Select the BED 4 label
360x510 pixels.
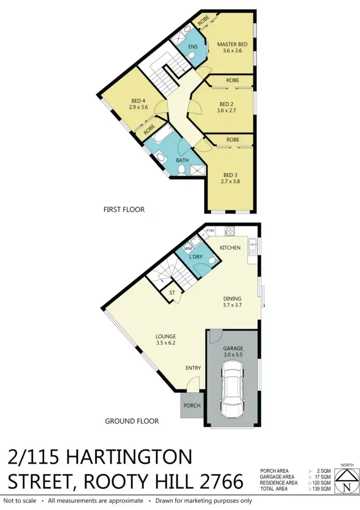[x=135, y=101]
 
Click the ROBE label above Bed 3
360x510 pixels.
[x=233, y=140]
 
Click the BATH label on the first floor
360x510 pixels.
[x=182, y=160]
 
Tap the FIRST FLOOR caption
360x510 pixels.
[x=124, y=209]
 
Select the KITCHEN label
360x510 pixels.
[x=230, y=247]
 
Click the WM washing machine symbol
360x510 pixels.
[x=189, y=249]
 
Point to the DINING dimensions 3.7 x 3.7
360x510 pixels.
[x=232, y=304]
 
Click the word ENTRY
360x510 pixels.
[x=193, y=368]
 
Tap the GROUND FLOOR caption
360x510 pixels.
[x=132, y=421]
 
